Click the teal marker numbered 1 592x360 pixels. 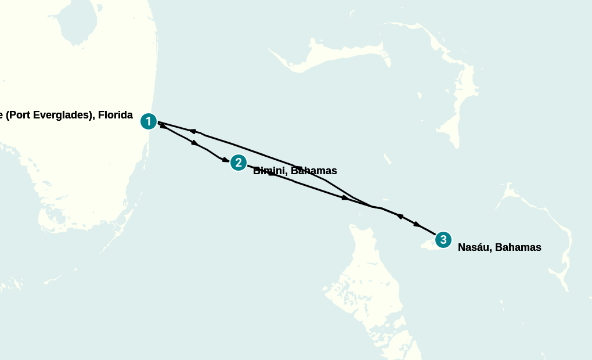pos(149,121)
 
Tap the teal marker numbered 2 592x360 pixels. pos(238,163)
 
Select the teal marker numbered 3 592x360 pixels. pos(443,239)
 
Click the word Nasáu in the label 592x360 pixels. pos(472,247)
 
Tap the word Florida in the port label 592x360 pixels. pos(115,115)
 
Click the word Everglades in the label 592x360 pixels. pos(66,115)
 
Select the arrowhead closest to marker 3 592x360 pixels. pos(417,224)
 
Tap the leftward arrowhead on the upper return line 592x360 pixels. pos(192,131)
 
